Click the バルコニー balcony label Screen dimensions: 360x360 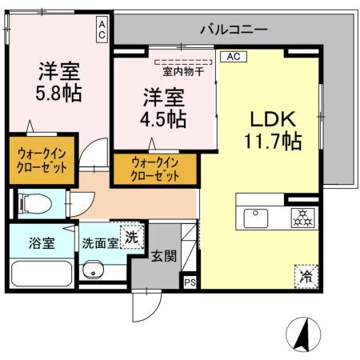(x=234, y=29)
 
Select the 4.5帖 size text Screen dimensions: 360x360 (x=166, y=120)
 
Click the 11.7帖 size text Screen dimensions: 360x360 (x=273, y=142)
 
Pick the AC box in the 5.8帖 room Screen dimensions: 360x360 (x=103, y=30)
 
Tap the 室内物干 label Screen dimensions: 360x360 (x=183, y=70)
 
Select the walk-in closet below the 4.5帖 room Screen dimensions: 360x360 (x=155, y=167)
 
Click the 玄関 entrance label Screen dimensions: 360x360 (x=165, y=255)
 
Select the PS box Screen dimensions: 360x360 (x=190, y=282)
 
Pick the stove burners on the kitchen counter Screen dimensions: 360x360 (x=302, y=216)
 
